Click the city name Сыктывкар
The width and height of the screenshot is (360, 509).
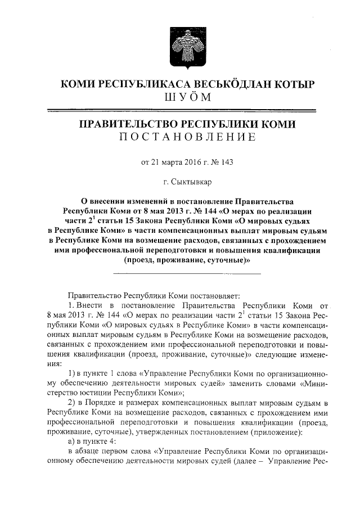click(x=191, y=182)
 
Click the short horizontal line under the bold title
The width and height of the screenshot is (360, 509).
click(x=187, y=273)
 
